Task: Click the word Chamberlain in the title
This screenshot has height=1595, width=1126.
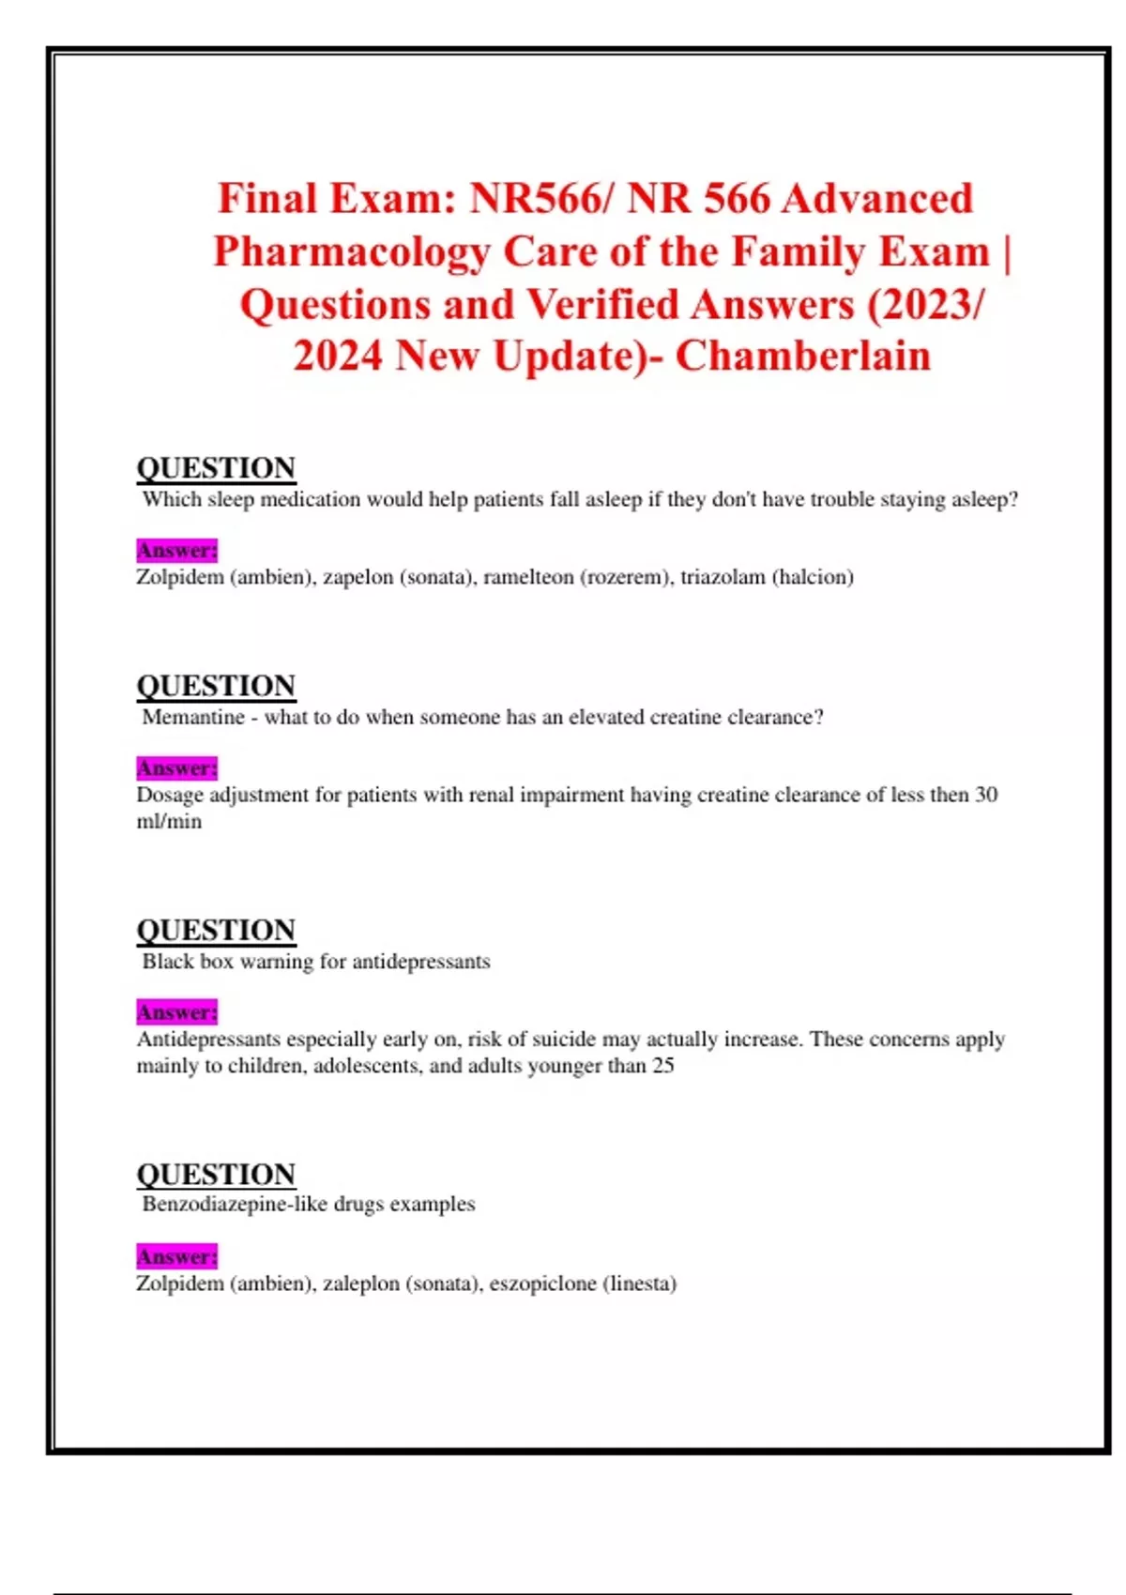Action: [803, 357]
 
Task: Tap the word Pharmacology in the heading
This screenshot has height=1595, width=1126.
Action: [351, 251]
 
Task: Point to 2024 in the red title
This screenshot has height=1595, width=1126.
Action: [337, 357]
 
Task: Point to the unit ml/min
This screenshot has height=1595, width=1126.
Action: [169, 822]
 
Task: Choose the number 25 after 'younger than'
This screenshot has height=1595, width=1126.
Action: [662, 1066]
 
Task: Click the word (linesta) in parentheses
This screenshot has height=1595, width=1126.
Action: [639, 1284]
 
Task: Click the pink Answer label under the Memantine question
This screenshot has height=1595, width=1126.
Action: [176, 768]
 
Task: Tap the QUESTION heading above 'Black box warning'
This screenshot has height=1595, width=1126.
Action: [216, 930]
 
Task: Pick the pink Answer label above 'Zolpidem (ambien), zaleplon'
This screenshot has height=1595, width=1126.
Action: [176, 1256]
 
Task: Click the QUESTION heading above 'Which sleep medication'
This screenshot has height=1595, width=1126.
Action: [216, 468]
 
